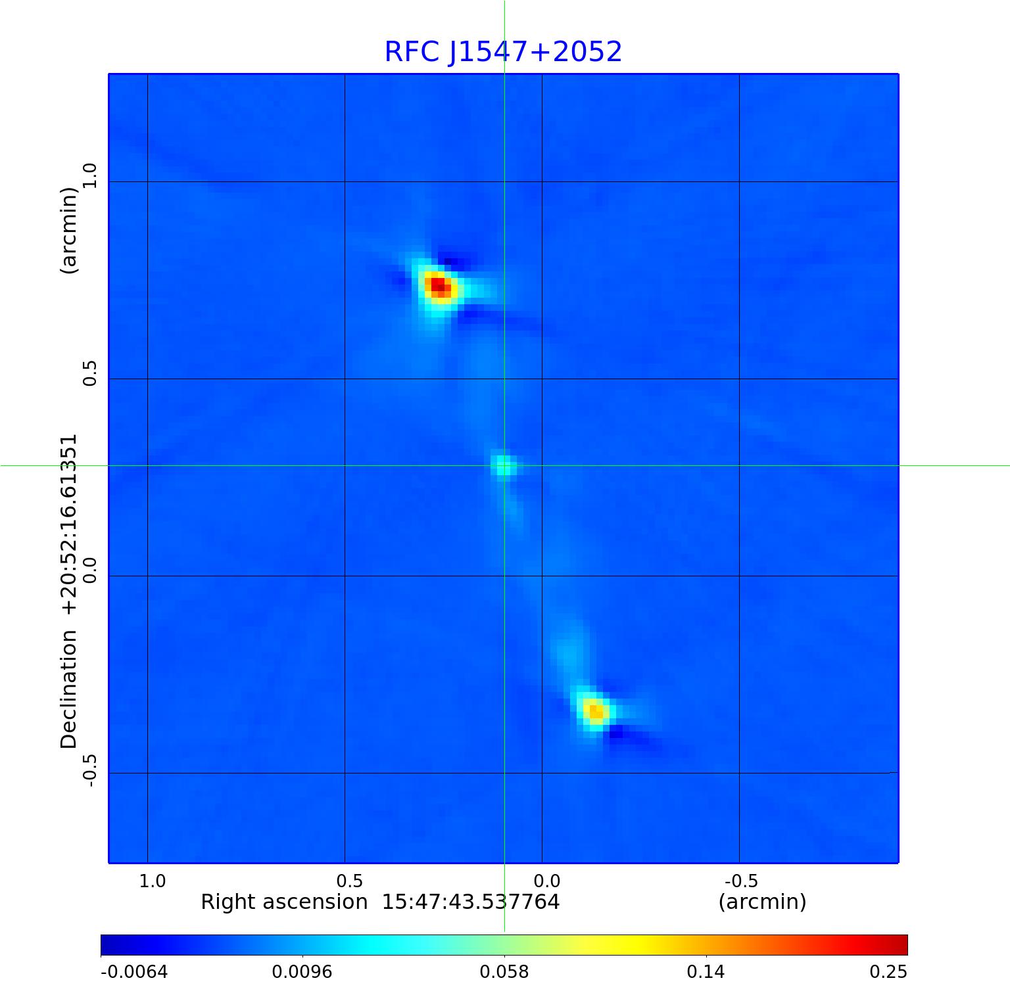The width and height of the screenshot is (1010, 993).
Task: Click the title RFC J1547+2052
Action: (503, 52)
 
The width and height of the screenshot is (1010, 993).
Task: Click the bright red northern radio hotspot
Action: (438, 286)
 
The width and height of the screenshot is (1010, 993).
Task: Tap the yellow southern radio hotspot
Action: (595, 711)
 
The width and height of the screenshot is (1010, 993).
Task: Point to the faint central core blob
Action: (503, 466)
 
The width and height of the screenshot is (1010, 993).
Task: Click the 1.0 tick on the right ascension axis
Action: (153, 881)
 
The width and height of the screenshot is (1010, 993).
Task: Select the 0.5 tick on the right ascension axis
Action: (350, 881)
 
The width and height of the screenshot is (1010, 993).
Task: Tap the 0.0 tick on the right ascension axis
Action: (547, 881)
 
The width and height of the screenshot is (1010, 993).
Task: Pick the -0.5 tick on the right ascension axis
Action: (741, 881)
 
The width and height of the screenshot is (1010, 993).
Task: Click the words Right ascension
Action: (284, 902)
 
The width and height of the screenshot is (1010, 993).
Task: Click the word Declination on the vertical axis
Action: (69, 689)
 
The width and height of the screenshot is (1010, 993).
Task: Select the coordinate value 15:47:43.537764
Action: (471, 902)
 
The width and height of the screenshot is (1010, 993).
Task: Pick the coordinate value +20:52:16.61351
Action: (69, 524)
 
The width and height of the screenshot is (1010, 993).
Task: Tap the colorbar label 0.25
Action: (888, 972)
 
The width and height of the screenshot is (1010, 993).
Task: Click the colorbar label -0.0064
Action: (134, 972)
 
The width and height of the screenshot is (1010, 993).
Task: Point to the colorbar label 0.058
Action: (504, 972)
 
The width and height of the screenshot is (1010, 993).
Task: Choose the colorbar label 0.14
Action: (706, 972)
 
